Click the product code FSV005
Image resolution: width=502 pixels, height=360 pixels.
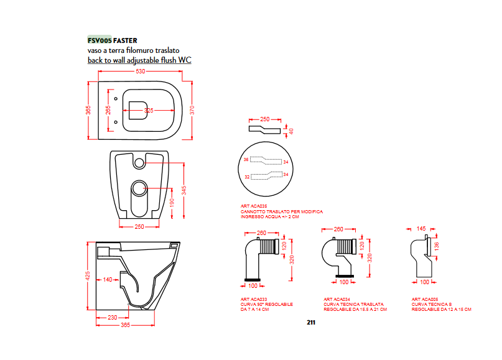pyautogui.click(x=99, y=40)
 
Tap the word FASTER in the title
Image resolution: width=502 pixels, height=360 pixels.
pyautogui.click(x=126, y=40)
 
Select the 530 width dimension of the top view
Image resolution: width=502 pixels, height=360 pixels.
pyautogui.click(x=141, y=72)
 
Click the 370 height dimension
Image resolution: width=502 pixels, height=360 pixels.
pyautogui.click(x=192, y=109)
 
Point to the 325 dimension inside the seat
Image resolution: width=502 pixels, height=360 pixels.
pyautogui.click(x=149, y=110)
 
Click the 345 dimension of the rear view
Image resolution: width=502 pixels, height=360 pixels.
pyautogui.click(x=184, y=190)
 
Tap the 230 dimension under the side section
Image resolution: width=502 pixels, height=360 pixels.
pyautogui.click(x=112, y=318)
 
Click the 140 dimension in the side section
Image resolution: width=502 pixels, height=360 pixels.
pyautogui.click(x=108, y=280)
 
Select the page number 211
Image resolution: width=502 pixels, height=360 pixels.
pyautogui.click(x=311, y=323)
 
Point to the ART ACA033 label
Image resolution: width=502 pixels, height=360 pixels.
pyautogui.click(x=253, y=299)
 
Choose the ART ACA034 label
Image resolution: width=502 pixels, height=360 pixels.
pyautogui.click(x=337, y=299)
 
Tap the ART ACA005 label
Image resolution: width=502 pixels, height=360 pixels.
pyautogui.click(x=425, y=299)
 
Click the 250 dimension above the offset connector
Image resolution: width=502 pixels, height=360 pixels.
pyautogui.click(x=264, y=118)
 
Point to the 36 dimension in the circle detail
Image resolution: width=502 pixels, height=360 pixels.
pyautogui.click(x=246, y=160)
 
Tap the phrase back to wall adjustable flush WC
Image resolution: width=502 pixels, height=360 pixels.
pyautogui.click(x=139, y=60)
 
